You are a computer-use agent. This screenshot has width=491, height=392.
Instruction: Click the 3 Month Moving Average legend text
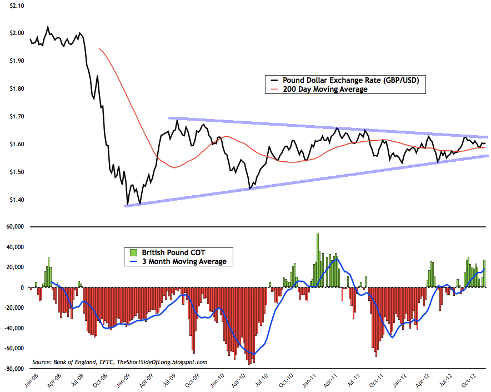point(181,261)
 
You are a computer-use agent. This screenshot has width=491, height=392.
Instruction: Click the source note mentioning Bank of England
point(120,362)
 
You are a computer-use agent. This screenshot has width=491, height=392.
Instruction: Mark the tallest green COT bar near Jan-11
point(318,234)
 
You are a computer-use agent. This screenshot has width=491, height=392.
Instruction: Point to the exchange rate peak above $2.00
point(48,26)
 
